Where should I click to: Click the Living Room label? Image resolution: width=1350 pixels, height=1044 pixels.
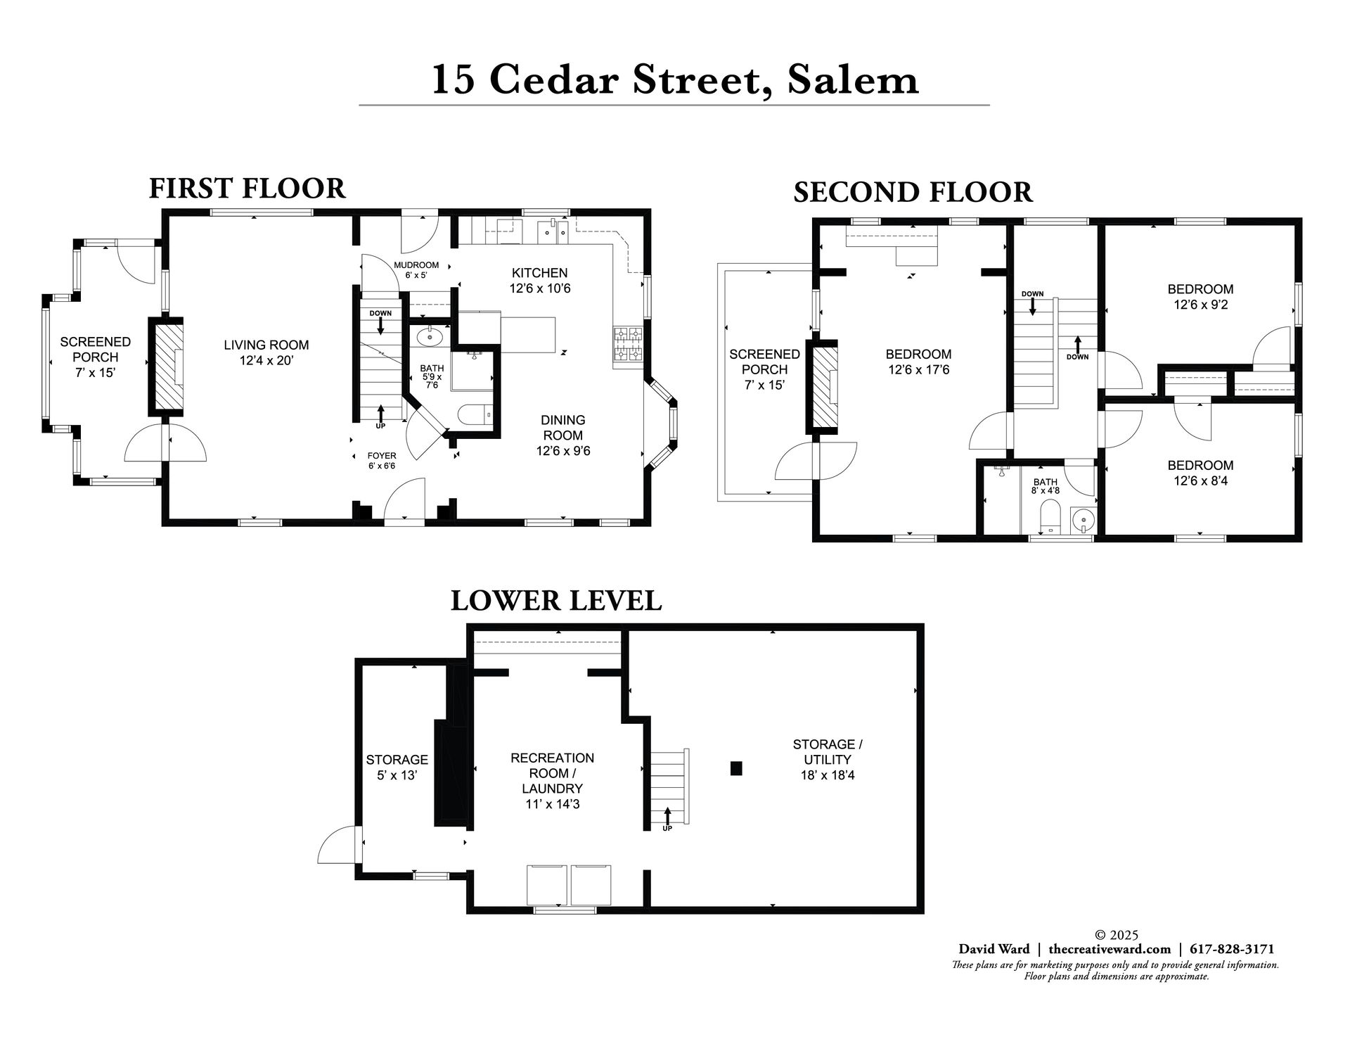(266, 352)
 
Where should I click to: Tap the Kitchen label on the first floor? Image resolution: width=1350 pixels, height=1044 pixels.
(539, 280)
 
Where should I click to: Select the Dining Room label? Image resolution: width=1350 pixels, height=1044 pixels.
(563, 435)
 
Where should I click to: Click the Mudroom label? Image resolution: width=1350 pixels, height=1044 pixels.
(416, 269)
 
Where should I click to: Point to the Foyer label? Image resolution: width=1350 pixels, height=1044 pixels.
(382, 460)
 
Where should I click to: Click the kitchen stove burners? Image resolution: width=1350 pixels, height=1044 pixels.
(629, 345)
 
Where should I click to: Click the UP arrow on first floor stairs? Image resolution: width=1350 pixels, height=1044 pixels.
(380, 414)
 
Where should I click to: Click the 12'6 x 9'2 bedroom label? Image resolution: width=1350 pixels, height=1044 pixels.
(1200, 296)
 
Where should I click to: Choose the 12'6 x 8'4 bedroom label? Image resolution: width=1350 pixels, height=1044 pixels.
(1200, 473)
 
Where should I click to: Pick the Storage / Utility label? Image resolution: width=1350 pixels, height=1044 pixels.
(828, 759)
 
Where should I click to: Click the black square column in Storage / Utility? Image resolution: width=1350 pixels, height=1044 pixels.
(736, 768)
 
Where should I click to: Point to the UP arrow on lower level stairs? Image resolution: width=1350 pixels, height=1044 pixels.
(667, 819)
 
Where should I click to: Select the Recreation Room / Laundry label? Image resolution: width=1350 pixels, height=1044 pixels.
(552, 780)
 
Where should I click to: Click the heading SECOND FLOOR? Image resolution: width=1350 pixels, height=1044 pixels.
(913, 192)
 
